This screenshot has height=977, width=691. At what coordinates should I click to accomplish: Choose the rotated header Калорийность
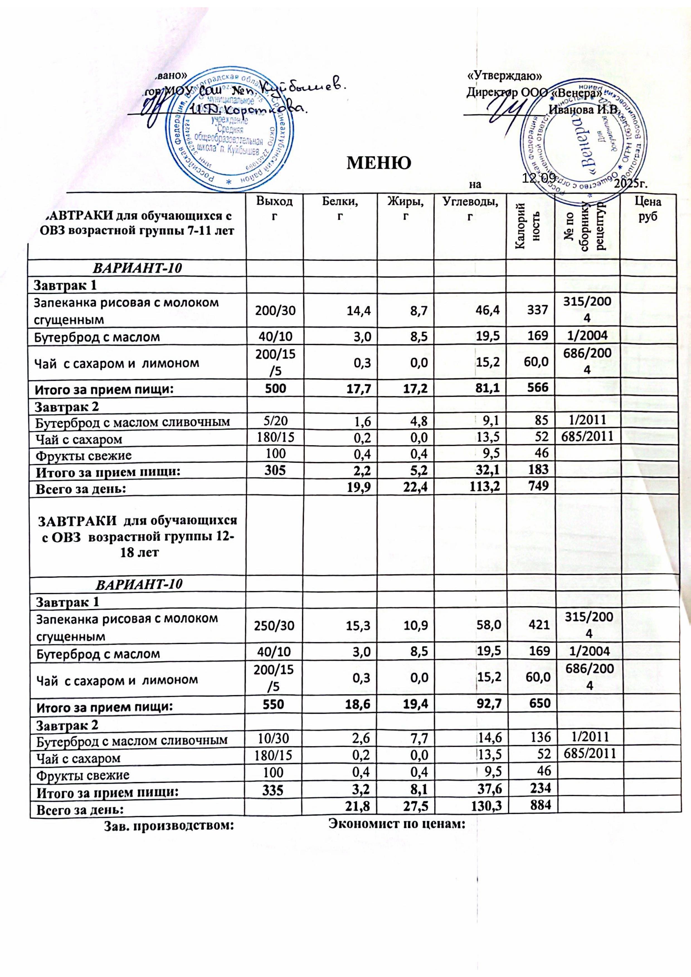point(530,226)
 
